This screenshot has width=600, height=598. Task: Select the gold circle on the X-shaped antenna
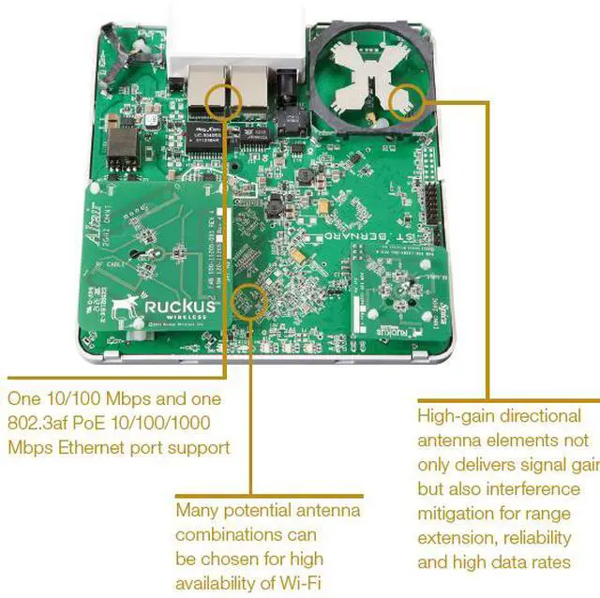tap(409, 97)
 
